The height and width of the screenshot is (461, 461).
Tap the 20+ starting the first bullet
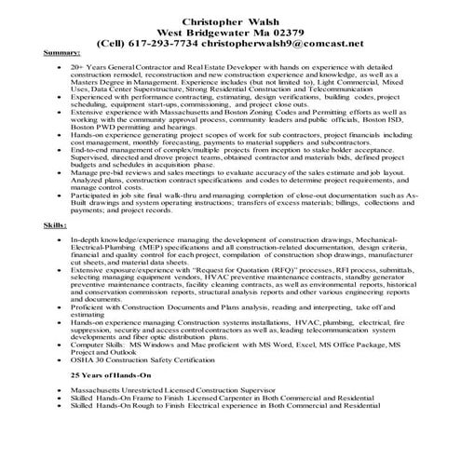[77, 68]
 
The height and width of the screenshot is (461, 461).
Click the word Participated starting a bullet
[90, 197]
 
